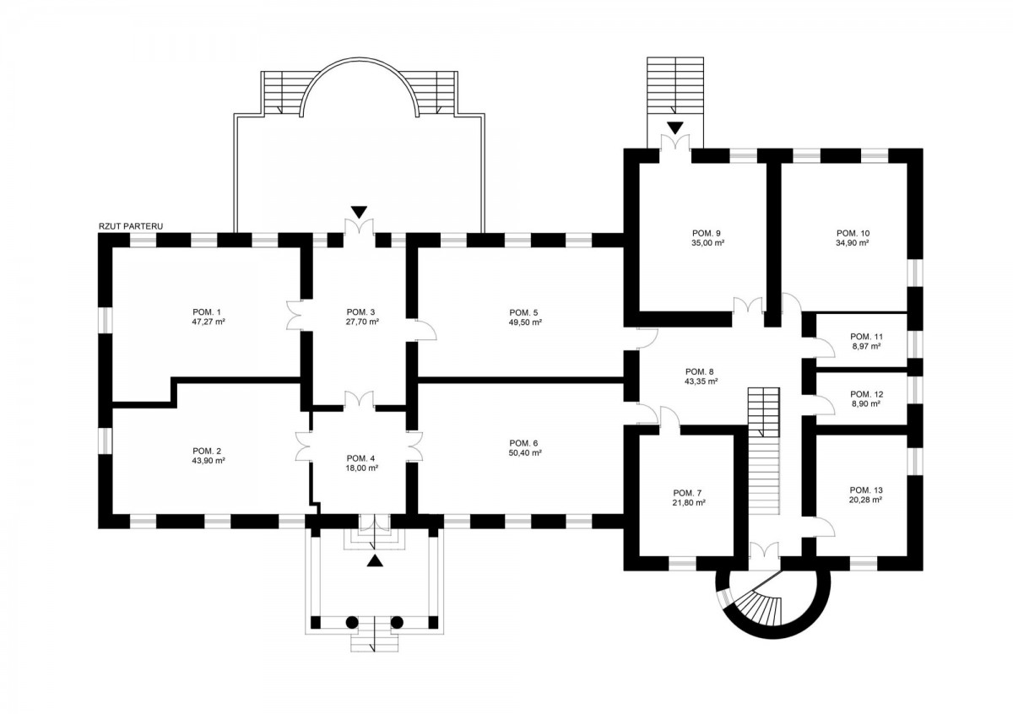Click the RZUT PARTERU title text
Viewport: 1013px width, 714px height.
tap(131, 227)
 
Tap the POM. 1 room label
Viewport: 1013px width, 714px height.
tap(208, 311)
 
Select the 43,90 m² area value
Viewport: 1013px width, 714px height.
tap(208, 461)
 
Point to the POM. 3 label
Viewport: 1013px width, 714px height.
tap(361, 311)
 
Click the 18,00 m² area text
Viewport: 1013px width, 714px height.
tap(361, 468)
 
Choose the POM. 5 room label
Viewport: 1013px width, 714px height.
tap(524, 311)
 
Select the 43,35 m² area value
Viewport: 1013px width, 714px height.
tap(701, 381)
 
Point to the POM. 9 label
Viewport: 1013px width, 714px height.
tap(706, 232)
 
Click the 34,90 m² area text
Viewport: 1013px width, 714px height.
tap(853, 242)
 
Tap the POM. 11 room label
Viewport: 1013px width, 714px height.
tap(865, 336)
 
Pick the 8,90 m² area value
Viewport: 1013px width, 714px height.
tap(865, 404)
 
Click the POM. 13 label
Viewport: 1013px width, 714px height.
tap(865, 490)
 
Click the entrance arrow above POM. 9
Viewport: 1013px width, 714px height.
tap(674, 127)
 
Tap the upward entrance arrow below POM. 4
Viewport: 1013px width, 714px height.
tap(375, 560)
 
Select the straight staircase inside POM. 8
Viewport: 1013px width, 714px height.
tap(765, 456)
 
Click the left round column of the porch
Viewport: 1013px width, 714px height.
tap(352, 623)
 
